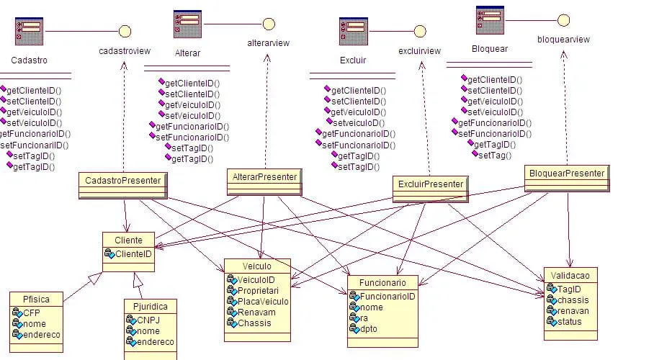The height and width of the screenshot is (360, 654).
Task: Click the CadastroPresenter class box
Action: [x=123, y=180]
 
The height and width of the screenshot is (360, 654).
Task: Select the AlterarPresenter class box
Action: [x=265, y=176]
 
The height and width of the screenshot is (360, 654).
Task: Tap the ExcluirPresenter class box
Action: [x=430, y=184]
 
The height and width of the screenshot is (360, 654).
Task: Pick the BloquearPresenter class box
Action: [x=566, y=174]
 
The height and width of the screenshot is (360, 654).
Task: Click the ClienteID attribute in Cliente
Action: [x=133, y=254]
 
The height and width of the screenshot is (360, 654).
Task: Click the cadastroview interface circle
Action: [x=125, y=31]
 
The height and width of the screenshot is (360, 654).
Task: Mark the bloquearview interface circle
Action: [x=563, y=19]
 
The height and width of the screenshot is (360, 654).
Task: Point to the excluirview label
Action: [x=419, y=51]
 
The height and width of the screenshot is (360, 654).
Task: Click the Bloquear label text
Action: [x=489, y=49]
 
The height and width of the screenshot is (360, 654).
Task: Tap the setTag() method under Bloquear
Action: [x=494, y=155]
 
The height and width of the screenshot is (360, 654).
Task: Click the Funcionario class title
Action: [x=382, y=283]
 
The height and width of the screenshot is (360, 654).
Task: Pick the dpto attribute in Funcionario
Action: [x=368, y=329]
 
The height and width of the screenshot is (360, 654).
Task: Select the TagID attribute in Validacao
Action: [x=570, y=289]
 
